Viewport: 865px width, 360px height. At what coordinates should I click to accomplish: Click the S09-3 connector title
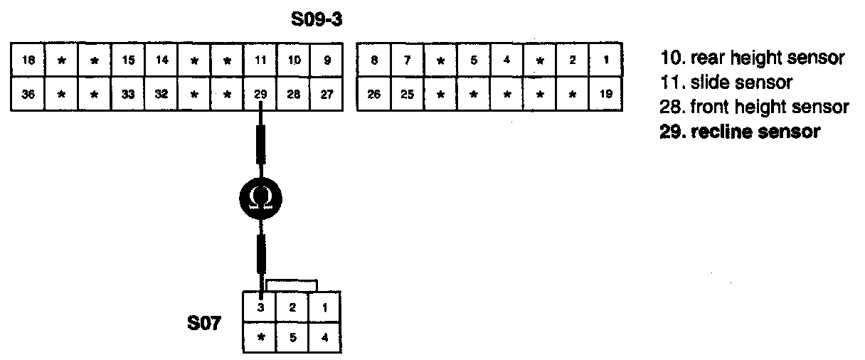(x=317, y=20)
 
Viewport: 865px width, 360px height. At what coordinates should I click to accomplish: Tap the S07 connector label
(x=203, y=325)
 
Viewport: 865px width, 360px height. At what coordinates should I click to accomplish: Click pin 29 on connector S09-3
(x=260, y=94)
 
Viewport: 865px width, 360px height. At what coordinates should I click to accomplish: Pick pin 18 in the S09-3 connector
(x=28, y=61)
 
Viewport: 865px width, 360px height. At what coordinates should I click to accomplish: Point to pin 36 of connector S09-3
(x=28, y=94)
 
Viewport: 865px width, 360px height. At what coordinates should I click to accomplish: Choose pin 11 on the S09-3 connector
(x=260, y=61)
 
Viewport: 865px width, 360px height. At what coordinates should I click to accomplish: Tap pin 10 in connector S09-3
(x=294, y=61)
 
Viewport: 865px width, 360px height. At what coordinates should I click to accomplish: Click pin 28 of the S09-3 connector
(x=294, y=94)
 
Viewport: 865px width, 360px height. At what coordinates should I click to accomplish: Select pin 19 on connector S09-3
(x=605, y=94)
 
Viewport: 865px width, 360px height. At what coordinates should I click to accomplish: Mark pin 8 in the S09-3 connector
(x=373, y=61)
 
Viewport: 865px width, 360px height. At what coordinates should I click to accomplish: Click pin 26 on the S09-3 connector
(x=373, y=94)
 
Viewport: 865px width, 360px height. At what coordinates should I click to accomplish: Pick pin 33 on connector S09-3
(x=128, y=94)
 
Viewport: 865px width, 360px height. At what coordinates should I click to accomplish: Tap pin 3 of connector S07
(x=260, y=307)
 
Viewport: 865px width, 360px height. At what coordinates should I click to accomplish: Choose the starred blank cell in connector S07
(x=260, y=338)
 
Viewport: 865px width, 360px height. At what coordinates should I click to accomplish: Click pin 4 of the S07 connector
(x=325, y=338)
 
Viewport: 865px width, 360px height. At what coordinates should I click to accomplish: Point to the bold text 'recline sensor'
(x=741, y=132)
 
